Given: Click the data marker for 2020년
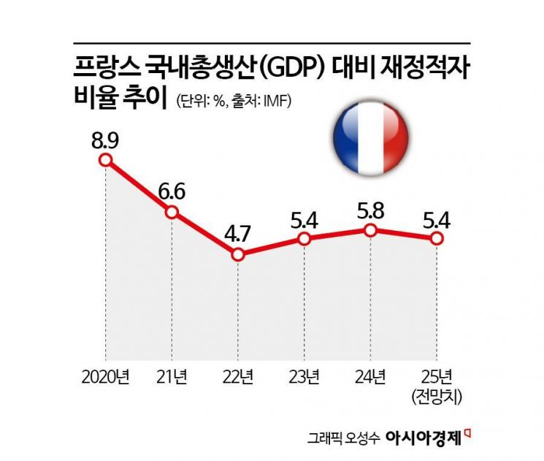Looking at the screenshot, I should tap(106, 160).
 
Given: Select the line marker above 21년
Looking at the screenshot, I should tap(172, 212).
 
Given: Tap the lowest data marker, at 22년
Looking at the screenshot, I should tap(238, 255).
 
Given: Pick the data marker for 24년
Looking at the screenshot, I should tap(371, 230).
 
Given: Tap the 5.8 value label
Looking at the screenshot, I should tap(371, 210).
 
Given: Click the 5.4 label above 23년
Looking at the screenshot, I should tap(305, 218).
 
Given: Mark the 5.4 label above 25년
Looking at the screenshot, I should tap(437, 218).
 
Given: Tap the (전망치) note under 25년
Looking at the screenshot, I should tap(437, 397).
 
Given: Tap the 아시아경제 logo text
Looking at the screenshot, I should tap(425, 439).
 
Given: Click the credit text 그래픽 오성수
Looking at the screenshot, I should tap(349, 440).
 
